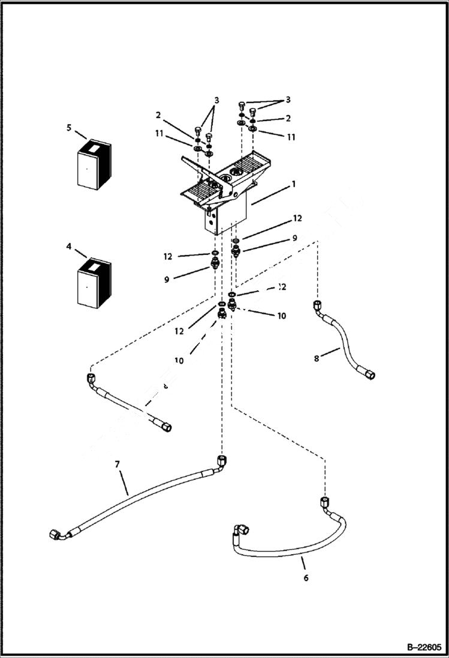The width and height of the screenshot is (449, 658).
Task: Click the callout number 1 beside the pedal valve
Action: point(294,185)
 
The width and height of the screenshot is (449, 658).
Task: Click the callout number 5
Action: point(69,127)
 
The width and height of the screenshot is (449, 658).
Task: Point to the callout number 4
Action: point(69,247)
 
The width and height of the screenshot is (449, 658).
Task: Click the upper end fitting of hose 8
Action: point(318,307)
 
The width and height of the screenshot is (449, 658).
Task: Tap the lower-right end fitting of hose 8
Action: point(371,375)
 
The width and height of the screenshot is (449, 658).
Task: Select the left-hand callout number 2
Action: point(159,115)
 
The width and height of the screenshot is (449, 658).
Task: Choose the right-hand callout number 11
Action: point(291,137)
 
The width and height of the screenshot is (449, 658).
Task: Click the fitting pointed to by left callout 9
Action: point(214,263)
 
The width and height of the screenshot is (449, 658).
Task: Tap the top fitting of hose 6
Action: point(324,501)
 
